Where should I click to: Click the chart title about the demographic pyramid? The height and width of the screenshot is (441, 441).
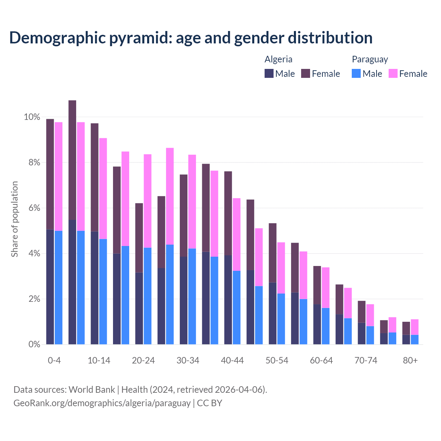click(x=191, y=38)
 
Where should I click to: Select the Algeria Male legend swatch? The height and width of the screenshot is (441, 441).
click(x=269, y=73)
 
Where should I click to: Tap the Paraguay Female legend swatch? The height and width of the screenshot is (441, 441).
click(x=393, y=73)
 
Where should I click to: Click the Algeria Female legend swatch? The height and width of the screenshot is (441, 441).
click(x=306, y=73)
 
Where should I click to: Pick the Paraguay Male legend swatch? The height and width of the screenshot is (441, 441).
click(x=356, y=73)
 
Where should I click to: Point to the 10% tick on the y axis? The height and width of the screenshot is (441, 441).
click(x=32, y=117)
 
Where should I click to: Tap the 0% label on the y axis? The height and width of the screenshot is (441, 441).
click(x=34, y=344)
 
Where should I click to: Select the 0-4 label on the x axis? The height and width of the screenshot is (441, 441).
click(x=54, y=360)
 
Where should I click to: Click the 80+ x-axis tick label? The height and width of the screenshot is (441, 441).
click(x=410, y=360)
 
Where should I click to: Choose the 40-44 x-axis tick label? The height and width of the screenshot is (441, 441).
click(x=232, y=360)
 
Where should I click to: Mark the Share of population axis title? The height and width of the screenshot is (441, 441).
click(x=14, y=219)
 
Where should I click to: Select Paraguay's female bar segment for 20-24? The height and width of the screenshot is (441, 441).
click(x=147, y=201)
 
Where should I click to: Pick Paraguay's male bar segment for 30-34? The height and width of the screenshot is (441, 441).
click(x=192, y=296)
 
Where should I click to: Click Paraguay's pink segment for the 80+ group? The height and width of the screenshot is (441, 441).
click(x=414, y=327)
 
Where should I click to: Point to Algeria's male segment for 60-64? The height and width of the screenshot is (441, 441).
click(x=317, y=324)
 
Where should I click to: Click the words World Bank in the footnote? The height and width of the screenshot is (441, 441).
click(x=92, y=390)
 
